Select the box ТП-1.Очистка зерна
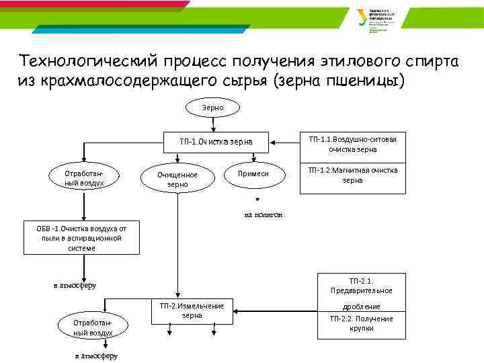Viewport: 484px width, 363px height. (216, 142)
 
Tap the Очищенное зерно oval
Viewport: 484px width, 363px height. (177, 179)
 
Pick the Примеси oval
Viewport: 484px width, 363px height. (253, 173)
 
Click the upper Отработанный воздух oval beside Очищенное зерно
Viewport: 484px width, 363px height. (84, 177)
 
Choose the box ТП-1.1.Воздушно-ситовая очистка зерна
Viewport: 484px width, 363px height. (352, 144)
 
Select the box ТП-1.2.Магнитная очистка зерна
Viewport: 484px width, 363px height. (352, 175)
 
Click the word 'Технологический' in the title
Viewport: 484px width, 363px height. (88, 62)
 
